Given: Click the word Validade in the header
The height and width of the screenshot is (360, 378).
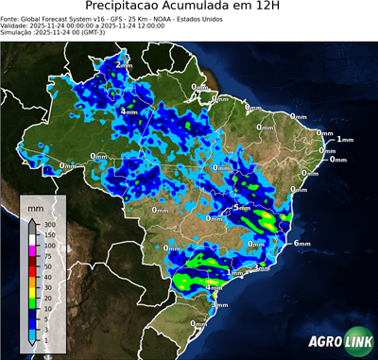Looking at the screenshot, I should pyautogui.click(x=17, y=26).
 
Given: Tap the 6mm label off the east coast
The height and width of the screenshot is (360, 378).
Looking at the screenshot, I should pyautogui.click(x=303, y=243).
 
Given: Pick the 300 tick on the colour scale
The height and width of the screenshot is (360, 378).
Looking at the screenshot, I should pyautogui.click(x=49, y=225).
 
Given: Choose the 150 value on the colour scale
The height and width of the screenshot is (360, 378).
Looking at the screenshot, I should pyautogui.click(x=49, y=235).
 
